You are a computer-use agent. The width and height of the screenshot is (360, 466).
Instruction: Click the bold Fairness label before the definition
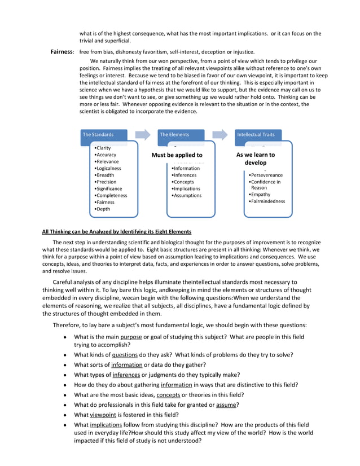(62, 52)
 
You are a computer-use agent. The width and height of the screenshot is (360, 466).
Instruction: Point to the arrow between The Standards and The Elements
(143, 135)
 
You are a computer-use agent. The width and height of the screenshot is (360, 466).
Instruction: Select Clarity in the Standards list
(103, 148)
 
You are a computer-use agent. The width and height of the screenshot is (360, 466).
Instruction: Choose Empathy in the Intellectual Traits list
(260, 195)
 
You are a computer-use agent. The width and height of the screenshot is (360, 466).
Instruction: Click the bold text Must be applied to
(177, 155)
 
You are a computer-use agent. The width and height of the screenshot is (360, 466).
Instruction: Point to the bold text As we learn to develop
(256, 159)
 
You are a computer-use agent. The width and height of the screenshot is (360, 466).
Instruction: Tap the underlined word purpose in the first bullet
(130, 337)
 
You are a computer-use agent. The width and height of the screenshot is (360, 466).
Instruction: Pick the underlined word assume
(227, 405)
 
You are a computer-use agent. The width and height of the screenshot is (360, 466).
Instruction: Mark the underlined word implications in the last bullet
(108, 424)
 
